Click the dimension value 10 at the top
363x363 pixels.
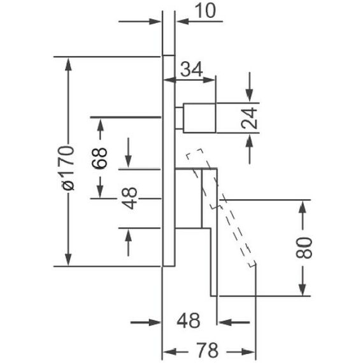coord(205,11)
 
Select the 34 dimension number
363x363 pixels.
coord(192,69)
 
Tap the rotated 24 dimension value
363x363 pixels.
coord(250,118)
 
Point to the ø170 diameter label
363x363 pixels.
coord(68,168)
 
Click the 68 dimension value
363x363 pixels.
coord(99,158)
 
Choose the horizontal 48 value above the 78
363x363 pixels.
coord(189,320)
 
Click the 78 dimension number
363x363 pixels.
coord(207,350)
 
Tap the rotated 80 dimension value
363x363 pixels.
coord(304,248)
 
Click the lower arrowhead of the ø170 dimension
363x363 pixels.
coord(68,260)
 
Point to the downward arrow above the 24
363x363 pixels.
coord(250,87)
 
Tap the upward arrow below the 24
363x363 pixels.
coord(250,149)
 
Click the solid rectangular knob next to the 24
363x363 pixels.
coord(199,118)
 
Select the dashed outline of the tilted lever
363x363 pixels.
coord(221,208)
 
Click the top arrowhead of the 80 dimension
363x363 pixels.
coord(302,207)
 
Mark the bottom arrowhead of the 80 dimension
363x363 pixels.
coord(302,289)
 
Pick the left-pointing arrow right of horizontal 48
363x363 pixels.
coord(234,322)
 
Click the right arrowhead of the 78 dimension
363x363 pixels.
coord(248,352)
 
